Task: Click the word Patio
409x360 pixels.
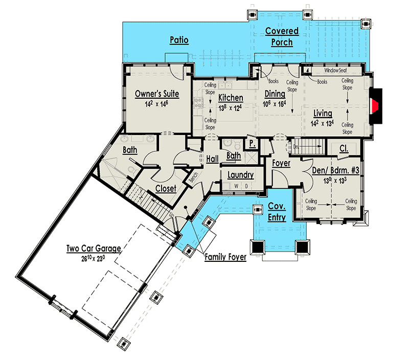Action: pos(179,40)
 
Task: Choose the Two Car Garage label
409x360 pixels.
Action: pos(94,249)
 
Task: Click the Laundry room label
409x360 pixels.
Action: pos(240,175)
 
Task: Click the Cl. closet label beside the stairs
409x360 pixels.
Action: pos(344,148)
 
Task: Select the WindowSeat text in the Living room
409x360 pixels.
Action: pos(336,71)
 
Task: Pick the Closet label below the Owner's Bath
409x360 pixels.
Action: pos(165,189)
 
